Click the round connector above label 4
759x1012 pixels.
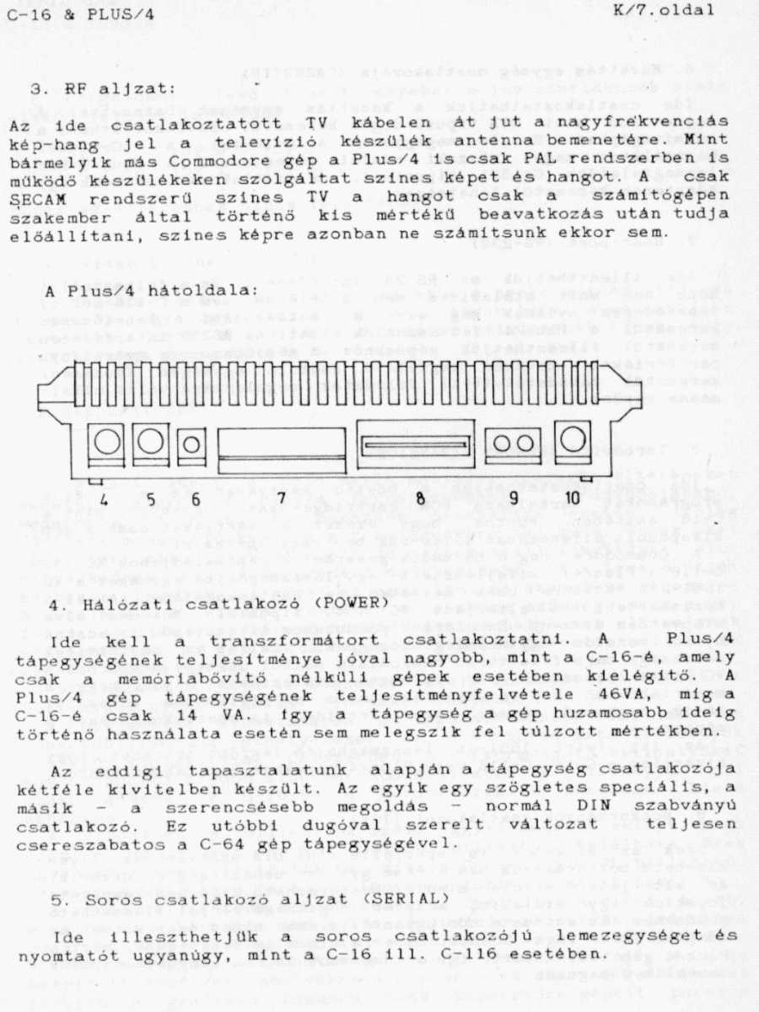click(x=106, y=441)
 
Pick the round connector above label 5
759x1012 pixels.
click(x=150, y=441)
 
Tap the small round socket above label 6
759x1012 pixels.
click(x=192, y=444)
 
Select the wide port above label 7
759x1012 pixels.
click(x=281, y=448)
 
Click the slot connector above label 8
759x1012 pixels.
click(x=414, y=444)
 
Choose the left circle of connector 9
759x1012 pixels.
click(x=503, y=444)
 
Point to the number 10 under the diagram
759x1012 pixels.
click(x=573, y=498)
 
